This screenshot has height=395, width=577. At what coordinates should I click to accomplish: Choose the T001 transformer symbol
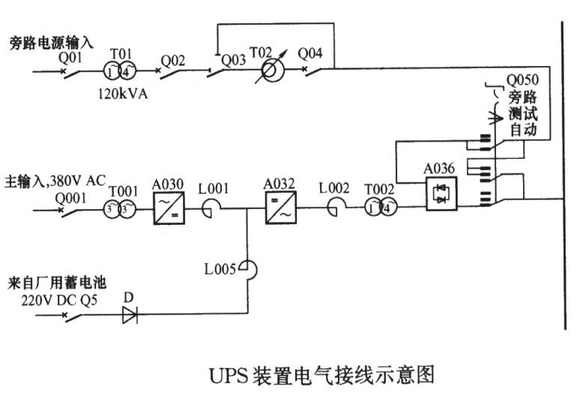click(x=119, y=210)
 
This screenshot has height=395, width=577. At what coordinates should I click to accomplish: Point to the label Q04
click(x=310, y=53)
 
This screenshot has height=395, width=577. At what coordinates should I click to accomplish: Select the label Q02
click(x=173, y=57)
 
